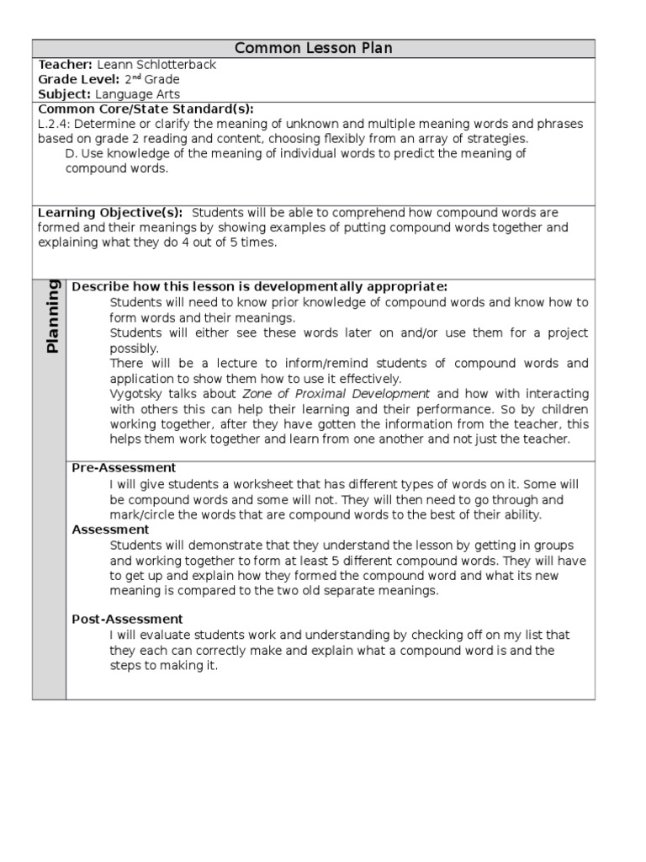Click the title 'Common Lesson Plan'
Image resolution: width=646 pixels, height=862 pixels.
pos(313,48)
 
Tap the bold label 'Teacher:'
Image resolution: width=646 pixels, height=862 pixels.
pos(66,64)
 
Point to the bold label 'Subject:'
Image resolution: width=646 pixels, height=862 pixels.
pos(64,94)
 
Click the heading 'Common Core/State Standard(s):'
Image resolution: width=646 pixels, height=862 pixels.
pos(146,109)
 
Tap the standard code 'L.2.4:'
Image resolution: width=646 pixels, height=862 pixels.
pos(55,124)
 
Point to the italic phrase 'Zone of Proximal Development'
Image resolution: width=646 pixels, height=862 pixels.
pos(336,394)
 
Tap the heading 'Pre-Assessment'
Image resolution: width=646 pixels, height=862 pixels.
pos(124,468)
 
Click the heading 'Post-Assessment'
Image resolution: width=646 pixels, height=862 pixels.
pos(127,620)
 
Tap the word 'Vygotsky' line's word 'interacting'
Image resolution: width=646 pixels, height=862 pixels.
pos(556,394)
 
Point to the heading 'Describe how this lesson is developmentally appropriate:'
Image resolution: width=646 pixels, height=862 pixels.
pos(259,287)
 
